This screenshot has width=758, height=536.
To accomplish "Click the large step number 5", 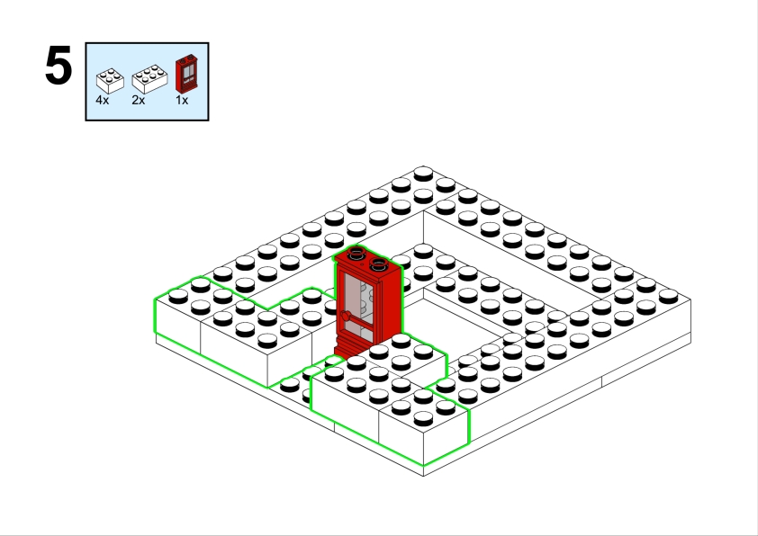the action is pos(59,66).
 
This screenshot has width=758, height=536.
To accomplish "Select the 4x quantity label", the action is pos(103,100).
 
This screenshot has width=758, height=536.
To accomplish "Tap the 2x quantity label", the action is pos(139,100).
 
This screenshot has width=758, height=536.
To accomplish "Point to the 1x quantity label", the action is pos(182,100).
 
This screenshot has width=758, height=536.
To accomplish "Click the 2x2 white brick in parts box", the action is pos(110,80).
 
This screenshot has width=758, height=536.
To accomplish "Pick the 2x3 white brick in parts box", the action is pos(149,79).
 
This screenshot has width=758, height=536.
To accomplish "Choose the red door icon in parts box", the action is pos(186,74).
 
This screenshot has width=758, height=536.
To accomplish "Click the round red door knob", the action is pos(346,317).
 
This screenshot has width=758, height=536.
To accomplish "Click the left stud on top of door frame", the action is pos(356,252).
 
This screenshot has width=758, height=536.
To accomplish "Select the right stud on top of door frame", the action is pos(378,264).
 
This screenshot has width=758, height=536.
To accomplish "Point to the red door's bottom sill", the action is pos(347,350).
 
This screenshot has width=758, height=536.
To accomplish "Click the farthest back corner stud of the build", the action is pos(423,174).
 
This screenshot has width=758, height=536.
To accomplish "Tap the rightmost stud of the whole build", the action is pos(668,296).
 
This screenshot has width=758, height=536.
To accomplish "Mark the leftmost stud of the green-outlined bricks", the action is pos(178,296).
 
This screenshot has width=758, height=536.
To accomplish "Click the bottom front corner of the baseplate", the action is pos(423,476).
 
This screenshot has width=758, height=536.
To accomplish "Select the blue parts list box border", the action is pos(147,43).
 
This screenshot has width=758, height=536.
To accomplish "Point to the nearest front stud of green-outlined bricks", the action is pos(423,418).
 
